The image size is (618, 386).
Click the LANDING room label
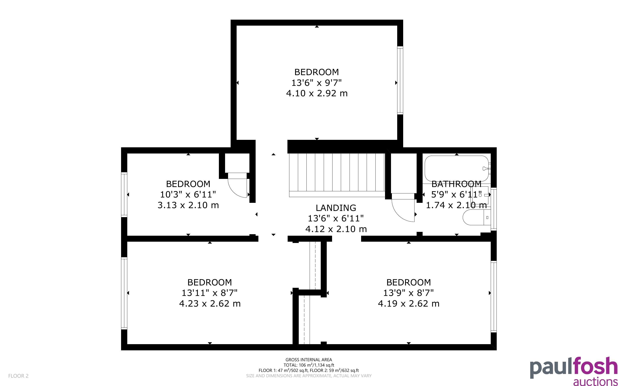pos(336,208)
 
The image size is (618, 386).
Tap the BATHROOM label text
pos(456,184)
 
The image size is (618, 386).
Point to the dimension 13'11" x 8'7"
pos(209,293)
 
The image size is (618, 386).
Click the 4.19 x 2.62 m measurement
pos(409,304)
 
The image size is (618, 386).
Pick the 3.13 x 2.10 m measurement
pos(188,205)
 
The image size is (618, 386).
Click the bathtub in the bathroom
pos(457,168)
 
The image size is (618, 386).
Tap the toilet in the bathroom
pos(477,217)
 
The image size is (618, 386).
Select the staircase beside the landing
pos(337,175)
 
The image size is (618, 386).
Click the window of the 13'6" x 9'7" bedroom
pos(400,80)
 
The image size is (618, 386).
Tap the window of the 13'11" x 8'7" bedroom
pos(124,293)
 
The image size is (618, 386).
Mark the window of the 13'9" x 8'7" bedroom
pos(494,296)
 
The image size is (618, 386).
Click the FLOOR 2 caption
pos(18,376)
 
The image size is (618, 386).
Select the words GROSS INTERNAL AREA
pos(309,360)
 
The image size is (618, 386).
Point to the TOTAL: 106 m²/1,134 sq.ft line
pos(309,365)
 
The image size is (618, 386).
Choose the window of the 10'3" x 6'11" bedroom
pos(124,195)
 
